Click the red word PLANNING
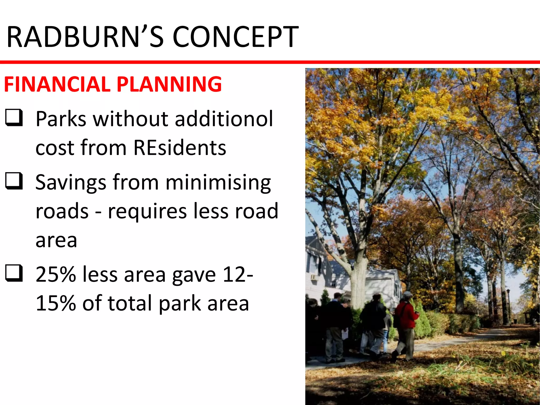pos(169,84)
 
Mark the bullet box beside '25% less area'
pos(14,273)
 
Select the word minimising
pos(218,182)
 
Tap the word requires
pos(147,211)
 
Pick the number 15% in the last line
pos(56,303)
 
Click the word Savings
pos(71,182)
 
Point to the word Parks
pos(61,119)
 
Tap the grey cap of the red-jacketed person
pos(408,294)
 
